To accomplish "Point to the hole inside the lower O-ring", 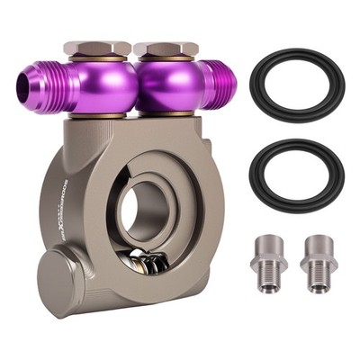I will pyautogui.click(x=296, y=175).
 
